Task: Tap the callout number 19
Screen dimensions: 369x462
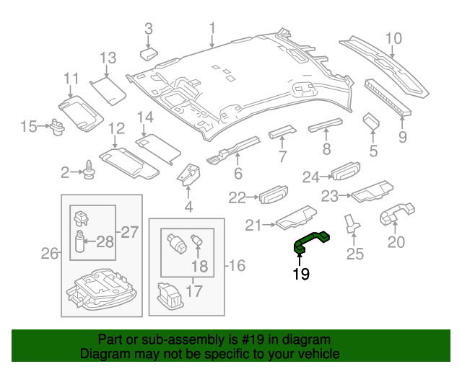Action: [x=301, y=274]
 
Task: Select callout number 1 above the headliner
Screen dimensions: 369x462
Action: [x=213, y=28]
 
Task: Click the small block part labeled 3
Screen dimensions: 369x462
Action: [x=151, y=53]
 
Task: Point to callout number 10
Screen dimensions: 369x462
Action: [x=393, y=39]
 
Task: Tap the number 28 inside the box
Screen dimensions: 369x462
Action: [x=105, y=241]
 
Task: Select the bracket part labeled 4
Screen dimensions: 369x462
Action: [x=189, y=174]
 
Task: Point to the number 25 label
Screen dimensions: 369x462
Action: [x=356, y=253]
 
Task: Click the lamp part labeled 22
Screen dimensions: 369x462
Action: [x=274, y=195]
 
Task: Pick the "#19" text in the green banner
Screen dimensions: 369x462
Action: [x=245, y=339]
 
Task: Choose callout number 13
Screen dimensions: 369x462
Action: [x=108, y=57]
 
